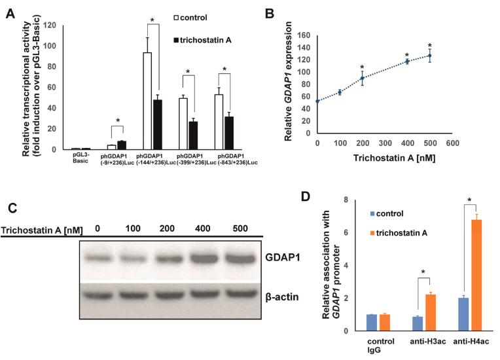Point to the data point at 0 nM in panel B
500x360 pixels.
point(317,101)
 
